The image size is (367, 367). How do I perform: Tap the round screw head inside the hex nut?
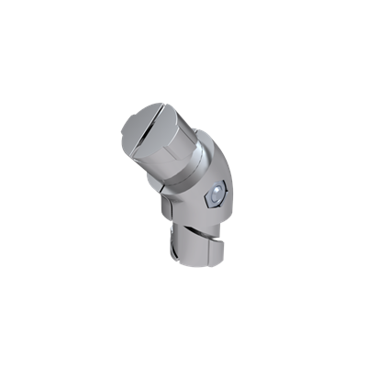click(x=215, y=193)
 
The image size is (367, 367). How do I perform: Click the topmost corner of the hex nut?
click(x=217, y=179)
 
